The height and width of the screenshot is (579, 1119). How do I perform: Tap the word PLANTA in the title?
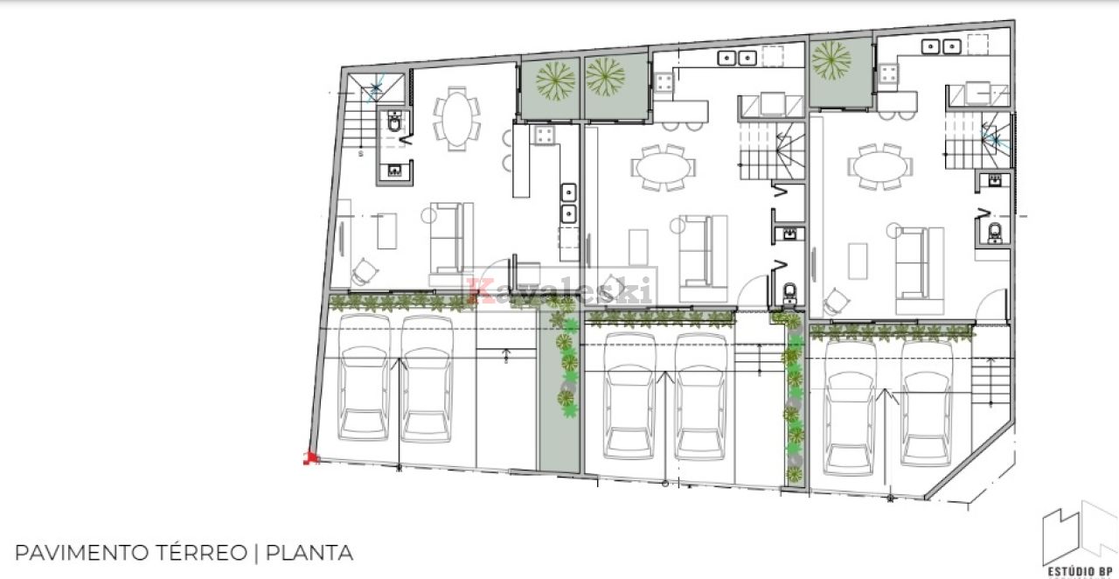click(x=309, y=553)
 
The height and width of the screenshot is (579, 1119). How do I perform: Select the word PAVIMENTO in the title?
click(x=82, y=553)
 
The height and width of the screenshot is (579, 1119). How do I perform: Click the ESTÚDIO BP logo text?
click(x=1080, y=571)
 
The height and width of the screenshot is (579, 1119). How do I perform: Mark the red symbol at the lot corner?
click(x=310, y=458)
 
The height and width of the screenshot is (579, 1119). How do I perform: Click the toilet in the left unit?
click(x=394, y=122)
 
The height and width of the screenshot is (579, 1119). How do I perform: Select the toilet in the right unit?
click(x=995, y=233)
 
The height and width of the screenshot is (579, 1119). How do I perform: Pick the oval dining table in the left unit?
click(x=456, y=118)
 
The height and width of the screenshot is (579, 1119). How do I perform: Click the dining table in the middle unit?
click(x=663, y=167)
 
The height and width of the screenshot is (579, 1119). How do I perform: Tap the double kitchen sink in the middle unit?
click(x=737, y=58)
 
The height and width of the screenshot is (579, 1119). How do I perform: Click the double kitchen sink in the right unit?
click(x=942, y=46)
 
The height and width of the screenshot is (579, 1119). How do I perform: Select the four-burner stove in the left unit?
click(x=545, y=135)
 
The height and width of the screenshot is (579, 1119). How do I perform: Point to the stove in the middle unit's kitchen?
click(x=664, y=82)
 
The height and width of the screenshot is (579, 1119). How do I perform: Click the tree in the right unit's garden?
click(x=831, y=60)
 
